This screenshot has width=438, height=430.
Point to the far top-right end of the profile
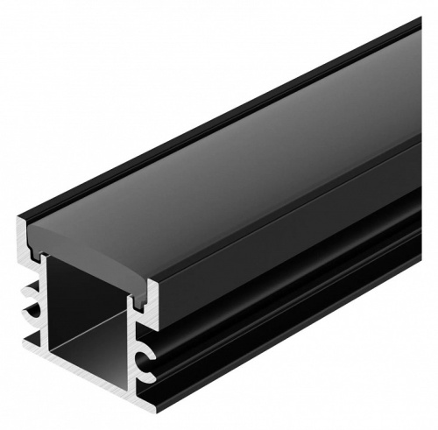427,35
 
